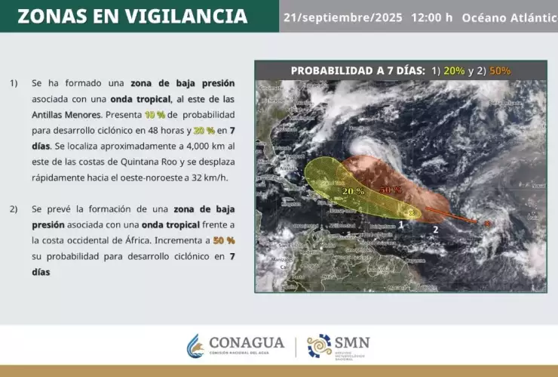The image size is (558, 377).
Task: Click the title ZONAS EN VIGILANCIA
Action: click(x=132, y=17)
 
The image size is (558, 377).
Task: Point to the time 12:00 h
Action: click(x=431, y=17)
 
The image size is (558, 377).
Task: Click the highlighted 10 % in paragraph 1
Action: click(x=155, y=115)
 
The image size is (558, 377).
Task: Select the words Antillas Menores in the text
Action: click(x=66, y=115)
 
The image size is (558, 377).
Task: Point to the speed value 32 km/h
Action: click(x=212, y=178)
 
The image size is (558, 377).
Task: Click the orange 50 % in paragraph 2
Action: click(x=224, y=240)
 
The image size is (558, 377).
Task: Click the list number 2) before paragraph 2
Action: click(x=15, y=209)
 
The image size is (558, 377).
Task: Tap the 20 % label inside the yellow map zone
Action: click(x=353, y=192)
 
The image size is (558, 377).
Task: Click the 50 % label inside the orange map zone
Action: click(x=390, y=189)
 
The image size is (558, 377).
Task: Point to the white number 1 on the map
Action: click(x=401, y=224)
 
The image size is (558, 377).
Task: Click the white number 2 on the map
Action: click(x=435, y=228)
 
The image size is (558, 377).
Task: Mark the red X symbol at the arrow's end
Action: click(x=487, y=223)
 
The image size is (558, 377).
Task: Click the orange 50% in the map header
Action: click(x=500, y=71)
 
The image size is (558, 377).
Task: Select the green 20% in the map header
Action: click(x=454, y=71)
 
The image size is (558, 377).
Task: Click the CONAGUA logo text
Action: click(x=246, y=342)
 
